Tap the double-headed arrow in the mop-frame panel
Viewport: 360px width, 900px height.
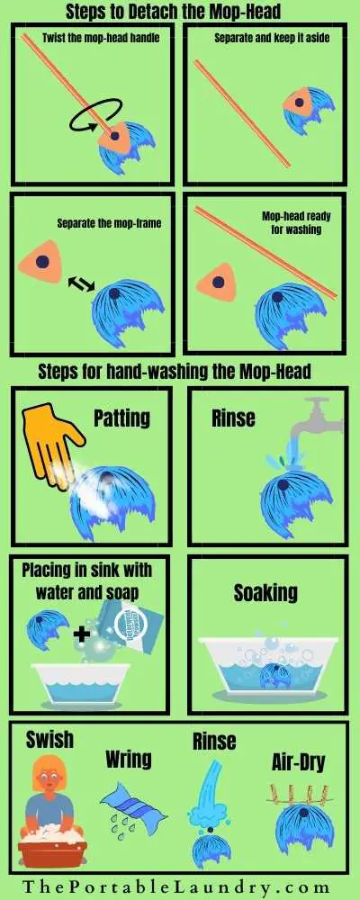point(80,283)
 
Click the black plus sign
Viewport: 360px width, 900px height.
point(83,634)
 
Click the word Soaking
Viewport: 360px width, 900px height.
point(265,593)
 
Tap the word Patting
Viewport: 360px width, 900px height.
point(121,418)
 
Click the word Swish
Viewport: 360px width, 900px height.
point(49,740)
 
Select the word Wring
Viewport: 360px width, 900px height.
point(128,759)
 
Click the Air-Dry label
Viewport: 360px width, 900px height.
point(298,763)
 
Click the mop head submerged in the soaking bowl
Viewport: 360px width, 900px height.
point(276,675)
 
